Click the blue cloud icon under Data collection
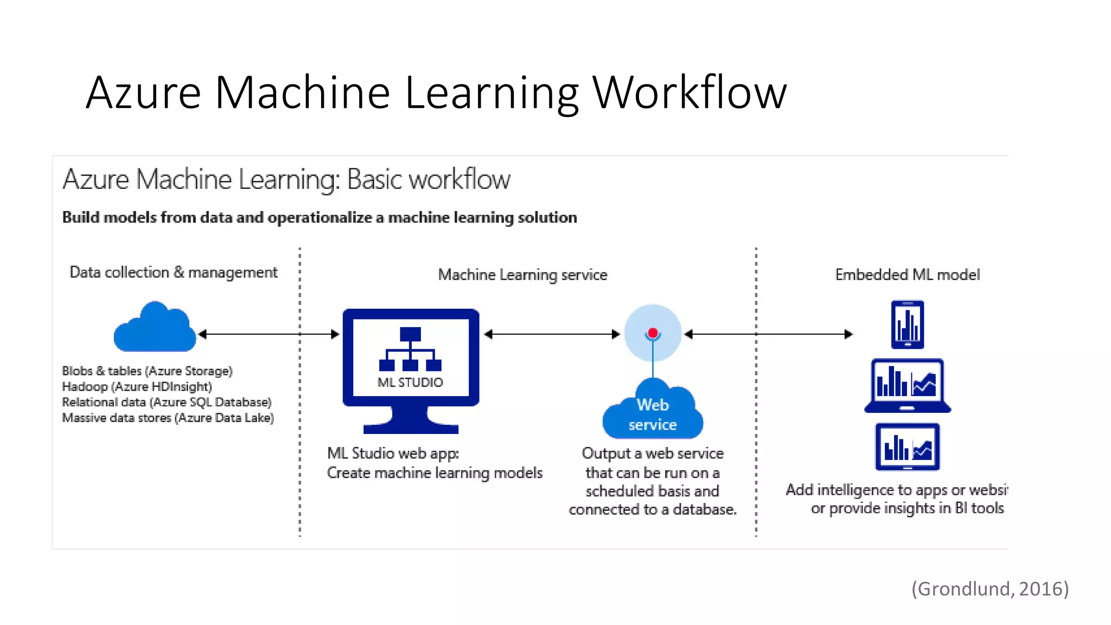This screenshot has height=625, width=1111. (x=155, y=328)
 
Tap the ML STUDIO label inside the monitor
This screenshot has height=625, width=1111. (x=410, y=382)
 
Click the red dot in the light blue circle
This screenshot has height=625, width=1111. (x=653, y=333)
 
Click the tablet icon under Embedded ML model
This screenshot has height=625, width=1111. (x=907, y=324)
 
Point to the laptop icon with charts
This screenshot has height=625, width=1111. (x=907, y=386)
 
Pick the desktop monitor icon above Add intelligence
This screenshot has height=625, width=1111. (x=907, y=447)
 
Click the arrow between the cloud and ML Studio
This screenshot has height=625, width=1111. (x=269, y=334)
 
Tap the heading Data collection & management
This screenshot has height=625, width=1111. (x=174, y=272)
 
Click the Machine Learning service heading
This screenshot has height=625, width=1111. (x=522, y=275)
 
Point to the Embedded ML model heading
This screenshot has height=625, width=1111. (x=907, y=275)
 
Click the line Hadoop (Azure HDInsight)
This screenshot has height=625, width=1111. (x=137, y=387)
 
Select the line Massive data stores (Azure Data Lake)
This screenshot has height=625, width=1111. (x=168, y=418)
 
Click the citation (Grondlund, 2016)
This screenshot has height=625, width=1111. (x=989, y=589)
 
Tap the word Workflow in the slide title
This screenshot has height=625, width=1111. (x=689, y=93)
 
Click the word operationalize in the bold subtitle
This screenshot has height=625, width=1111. (x=320, y=218)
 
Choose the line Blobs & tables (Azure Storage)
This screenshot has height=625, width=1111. (x=147, y=371)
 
